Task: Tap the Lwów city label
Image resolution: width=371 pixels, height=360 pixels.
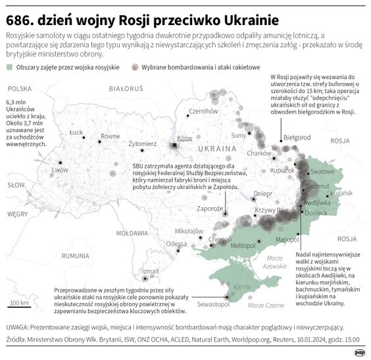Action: pyautogui.click(x=60, y=169)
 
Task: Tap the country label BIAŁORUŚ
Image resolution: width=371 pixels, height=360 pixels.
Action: pyautogui.click(x=126, y=87)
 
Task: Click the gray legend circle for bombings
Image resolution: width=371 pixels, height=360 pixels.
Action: pyautogui.click(x=136, y=67)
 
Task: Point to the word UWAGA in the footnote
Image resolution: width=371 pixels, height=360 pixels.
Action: pyautogui.click(x=19, y=326)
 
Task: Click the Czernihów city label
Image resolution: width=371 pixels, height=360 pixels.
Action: pyautogui.click(x=203, y=111)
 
